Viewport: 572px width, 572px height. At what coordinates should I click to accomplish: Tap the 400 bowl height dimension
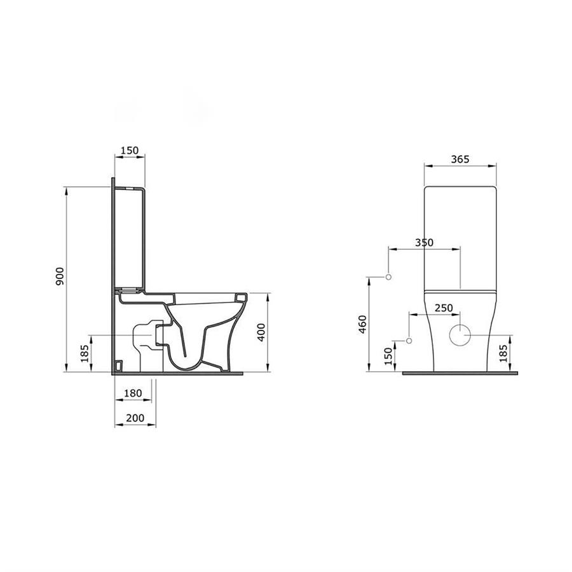click(261, 332)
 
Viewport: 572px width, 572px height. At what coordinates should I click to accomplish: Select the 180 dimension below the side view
click(133, 393)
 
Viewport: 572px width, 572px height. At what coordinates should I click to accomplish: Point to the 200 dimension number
click(135, 418)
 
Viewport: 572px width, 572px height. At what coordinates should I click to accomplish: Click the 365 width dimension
click(460, 159)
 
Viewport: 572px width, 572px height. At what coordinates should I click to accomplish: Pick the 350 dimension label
click(425, 242)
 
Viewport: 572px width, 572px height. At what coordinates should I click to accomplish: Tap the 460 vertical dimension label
click(362, 324)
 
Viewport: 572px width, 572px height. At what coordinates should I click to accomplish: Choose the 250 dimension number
click(444, 308)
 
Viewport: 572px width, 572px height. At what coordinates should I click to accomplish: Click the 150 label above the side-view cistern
click(130, 150)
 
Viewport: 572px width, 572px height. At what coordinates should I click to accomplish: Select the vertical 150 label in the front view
click(388, 356)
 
